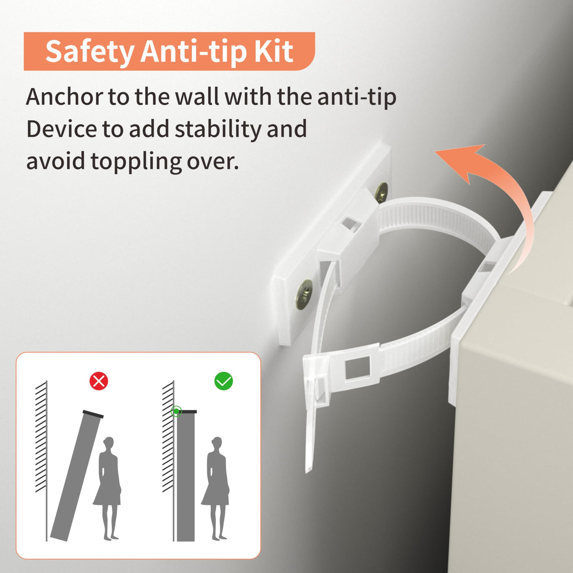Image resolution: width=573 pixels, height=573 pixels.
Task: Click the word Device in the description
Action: (x=61, y=129)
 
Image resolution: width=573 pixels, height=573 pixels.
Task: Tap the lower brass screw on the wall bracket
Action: (x=304, y=294)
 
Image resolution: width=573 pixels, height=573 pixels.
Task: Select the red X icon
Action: (x=99, y=381)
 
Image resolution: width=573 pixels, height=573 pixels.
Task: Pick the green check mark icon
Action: (x=223, y=381)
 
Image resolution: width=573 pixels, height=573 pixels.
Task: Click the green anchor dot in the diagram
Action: (x=177, y=411)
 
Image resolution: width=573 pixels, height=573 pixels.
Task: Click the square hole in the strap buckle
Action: (x=357, y=369)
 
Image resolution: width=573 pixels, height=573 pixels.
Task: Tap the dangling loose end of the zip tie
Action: (x=311, y=428)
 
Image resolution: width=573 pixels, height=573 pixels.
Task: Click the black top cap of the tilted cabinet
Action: (x=93, y=414)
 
